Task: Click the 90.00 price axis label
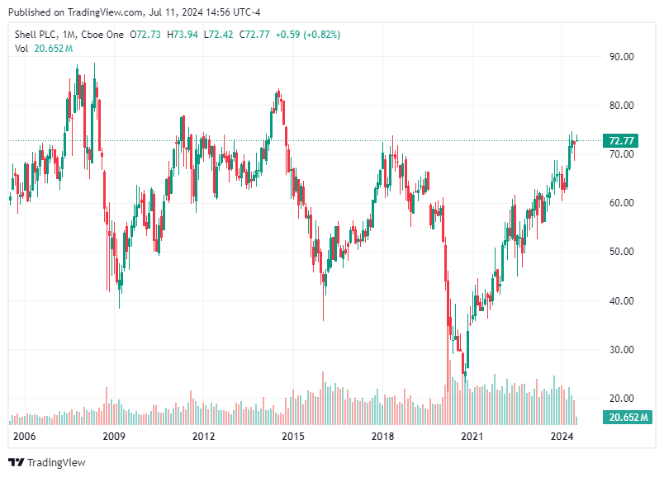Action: pos(621,57)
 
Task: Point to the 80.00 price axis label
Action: pos(621,106)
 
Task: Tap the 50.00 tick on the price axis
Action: pos(621,252)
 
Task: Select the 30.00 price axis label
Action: pos(621,349)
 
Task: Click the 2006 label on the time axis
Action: pos(24,436)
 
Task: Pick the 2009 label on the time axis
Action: pos(113,436)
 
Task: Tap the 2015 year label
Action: pos(292,436)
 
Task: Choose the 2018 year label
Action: pos(382,436)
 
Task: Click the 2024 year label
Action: pos(562,436)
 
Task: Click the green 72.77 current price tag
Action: pos(621,141)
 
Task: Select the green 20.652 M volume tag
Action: pos(624,417)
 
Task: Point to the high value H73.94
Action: pos(183,35)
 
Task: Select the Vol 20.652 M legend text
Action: pos(44,49)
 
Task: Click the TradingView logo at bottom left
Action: pos(46,463)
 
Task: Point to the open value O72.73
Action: pos(145,35)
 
